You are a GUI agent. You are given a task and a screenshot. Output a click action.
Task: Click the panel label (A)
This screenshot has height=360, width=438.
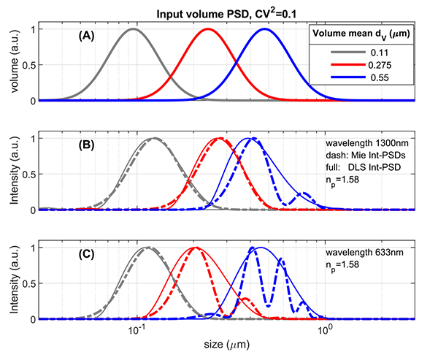(x=89, y=34)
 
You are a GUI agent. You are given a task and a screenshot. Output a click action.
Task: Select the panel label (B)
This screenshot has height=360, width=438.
(x=89, y=144)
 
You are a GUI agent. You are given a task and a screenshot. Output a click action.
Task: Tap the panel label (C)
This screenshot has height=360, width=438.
(x=89, y=253)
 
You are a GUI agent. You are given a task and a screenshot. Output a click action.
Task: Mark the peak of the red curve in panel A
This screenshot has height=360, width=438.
(x=208, y=29)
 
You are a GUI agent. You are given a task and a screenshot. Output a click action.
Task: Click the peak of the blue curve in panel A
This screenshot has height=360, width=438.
(x=264, y=29)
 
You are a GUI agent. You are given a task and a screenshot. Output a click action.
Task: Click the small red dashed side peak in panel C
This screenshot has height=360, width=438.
(x=245, y=299)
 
